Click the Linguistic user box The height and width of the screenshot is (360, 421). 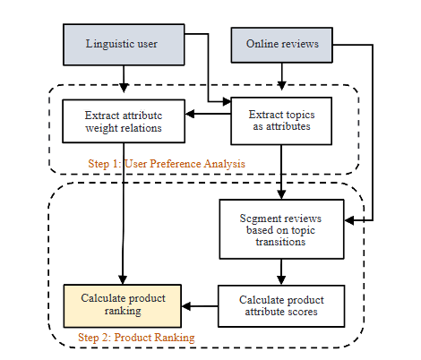pyautogui.click(x=124, y=44)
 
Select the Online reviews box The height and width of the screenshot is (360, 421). pyautogui.click(x=283, y=44)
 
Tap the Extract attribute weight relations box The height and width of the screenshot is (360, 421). pyautogui.click(x=124, y=122)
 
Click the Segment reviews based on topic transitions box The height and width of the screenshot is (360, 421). pyautogui.click(x=281, y=229)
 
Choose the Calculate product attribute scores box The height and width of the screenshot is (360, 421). pyautogui.click(x=281, y=305)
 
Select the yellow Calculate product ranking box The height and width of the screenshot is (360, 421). pyautogui.click(x=122, y=305)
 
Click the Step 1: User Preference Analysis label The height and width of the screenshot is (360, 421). pyautogui.click(x=167, y=163)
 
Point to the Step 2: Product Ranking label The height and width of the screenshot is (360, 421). pyautogui.click(x=135, y=338)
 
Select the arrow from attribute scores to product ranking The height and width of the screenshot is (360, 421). pyautogui.click(x=200, y=306)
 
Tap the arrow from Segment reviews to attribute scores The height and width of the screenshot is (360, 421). pyautogui.click(x=281, y=271)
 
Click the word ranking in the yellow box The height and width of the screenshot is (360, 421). pyautogui.click(x=122, y=312)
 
